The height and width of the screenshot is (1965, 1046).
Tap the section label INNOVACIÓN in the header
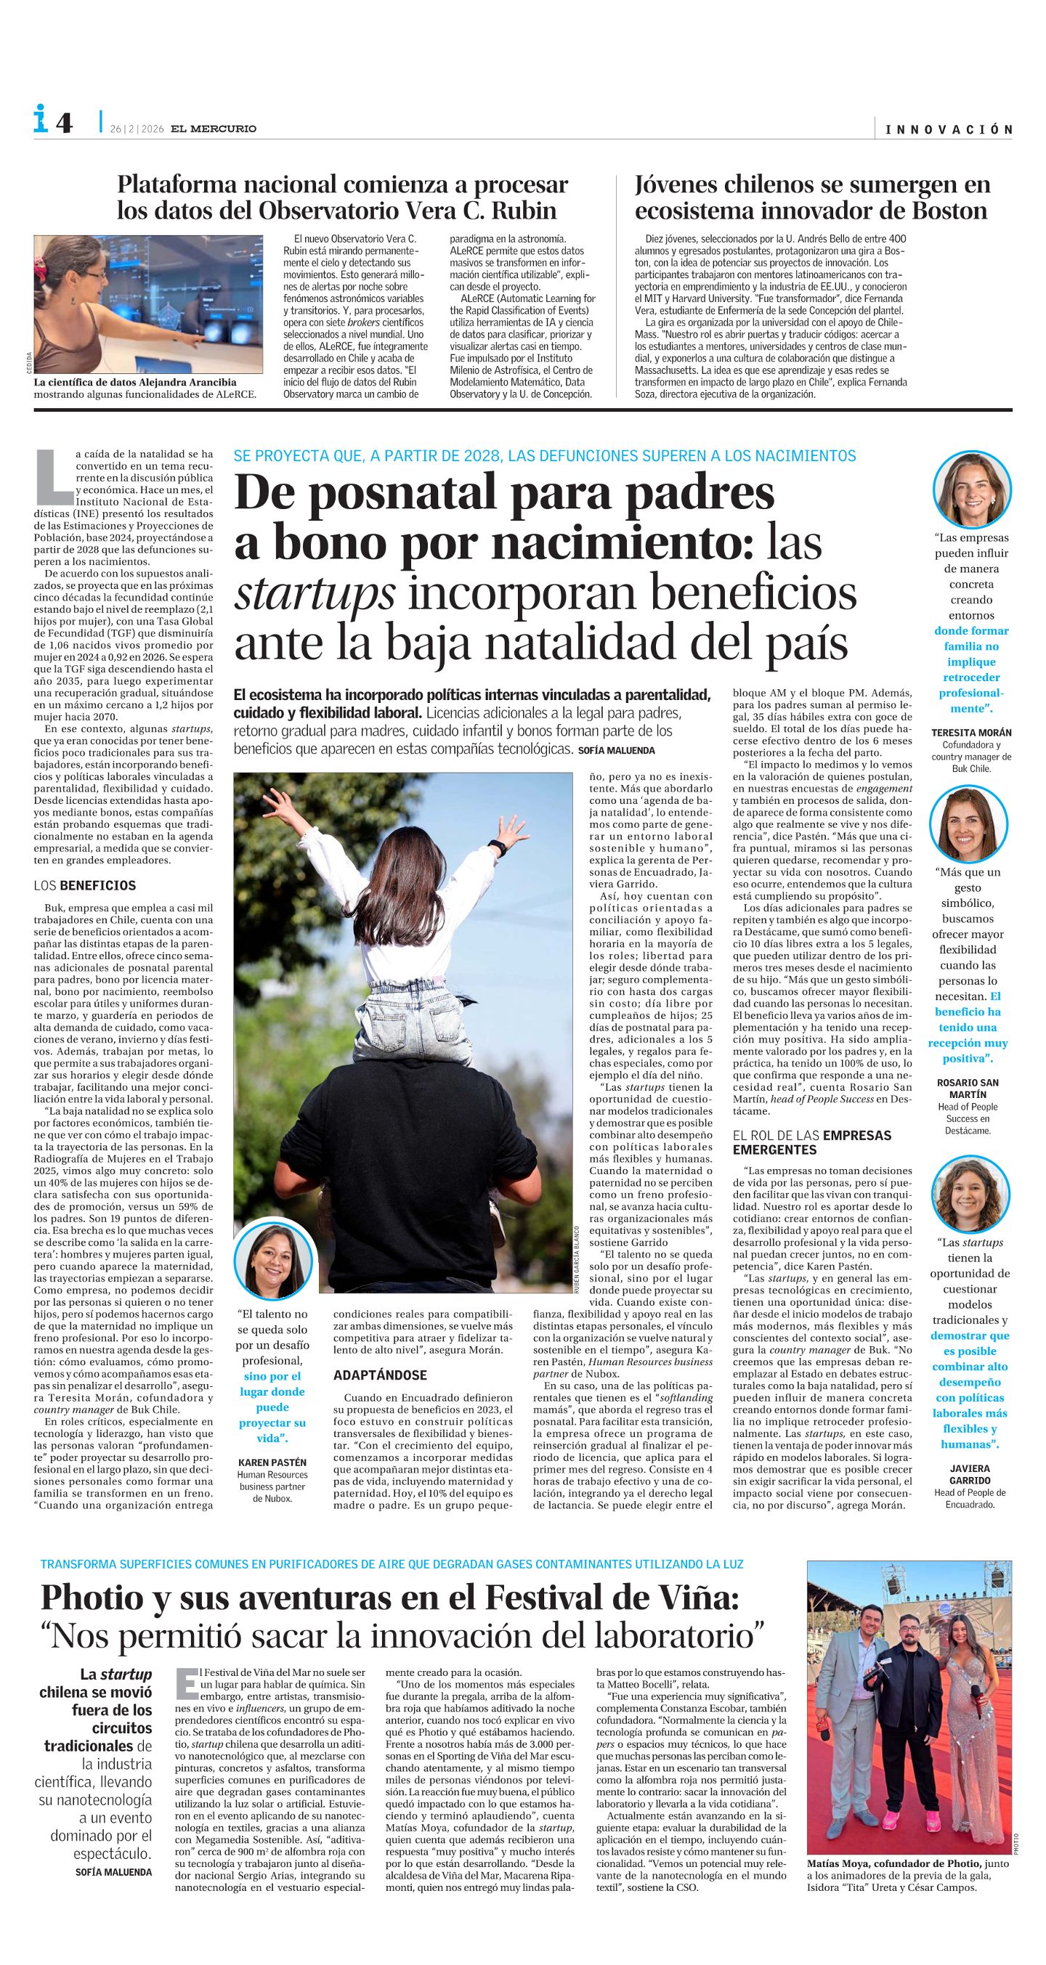pyautogui.click(x=949, y=130)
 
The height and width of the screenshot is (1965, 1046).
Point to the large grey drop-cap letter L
pyautogui.click(x=54, y=474)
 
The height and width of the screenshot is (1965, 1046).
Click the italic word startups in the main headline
pyautogui.click(x=315, y=594)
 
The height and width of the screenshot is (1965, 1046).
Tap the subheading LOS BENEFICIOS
pyautogui.click(x=85, y=886)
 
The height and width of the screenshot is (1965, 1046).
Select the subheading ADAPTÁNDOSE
pyautogui.click(x=379, y=1375)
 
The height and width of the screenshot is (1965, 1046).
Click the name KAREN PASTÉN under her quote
pyautogui.click(x=272, y=1462)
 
